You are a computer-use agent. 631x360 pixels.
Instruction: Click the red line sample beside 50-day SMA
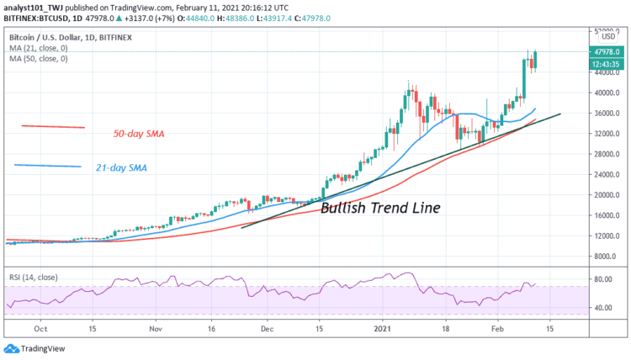coord(53,126)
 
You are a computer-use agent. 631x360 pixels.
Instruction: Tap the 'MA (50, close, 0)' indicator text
coord(40,59)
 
